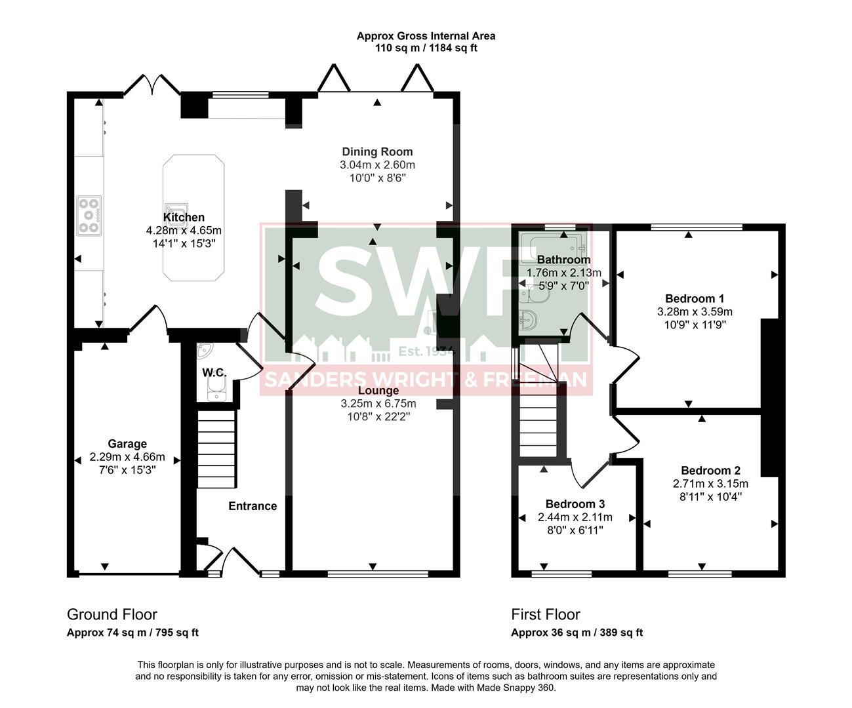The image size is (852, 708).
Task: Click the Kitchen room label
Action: [x=184, y=218]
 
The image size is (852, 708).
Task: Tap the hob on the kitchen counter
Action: [x=89, y=216]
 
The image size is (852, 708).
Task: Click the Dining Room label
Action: [x=377, y=152]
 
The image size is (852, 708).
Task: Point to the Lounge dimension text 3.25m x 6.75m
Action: [x=378, y=403]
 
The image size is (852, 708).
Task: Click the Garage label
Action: [x=127, y=444]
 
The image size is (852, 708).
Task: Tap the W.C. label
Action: [x=214, y=372]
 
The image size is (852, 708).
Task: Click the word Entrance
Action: [x=253, y=506]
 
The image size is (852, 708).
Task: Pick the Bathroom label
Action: [x=563, y=260]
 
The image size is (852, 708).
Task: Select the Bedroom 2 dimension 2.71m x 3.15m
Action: [x=710, y=484]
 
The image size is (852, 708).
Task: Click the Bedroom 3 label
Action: [x=575, y=504]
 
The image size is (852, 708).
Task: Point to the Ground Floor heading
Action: [x=112, y=614]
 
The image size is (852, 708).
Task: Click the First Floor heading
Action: [x=546, y=614]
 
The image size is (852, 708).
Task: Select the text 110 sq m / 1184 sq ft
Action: [x=426, y=49]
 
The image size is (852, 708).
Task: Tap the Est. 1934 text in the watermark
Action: [x=426, y=351]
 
